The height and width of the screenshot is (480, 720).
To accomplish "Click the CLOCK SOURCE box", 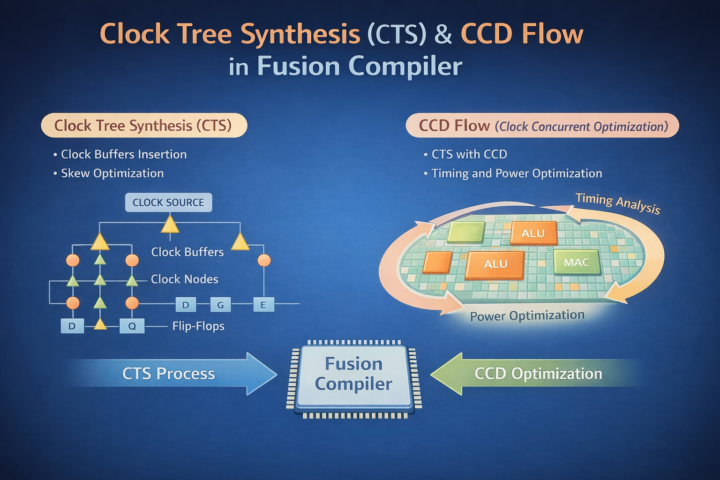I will (x=168, y=202).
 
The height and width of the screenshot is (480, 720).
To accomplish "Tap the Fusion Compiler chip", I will (x=354, y=375).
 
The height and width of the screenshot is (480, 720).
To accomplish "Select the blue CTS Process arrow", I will (x=173, y=374).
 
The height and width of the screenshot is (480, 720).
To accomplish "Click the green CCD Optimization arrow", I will (x=534, y=374).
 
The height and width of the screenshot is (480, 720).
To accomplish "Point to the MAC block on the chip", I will (x=577, y=262).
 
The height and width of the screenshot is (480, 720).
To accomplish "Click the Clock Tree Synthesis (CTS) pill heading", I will (x=143, y=126).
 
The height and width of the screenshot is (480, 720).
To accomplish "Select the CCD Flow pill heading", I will (x=542, y=126).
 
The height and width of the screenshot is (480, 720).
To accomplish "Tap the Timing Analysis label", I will (x=618, y=203).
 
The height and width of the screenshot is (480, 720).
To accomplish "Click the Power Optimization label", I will (x=527, y=316).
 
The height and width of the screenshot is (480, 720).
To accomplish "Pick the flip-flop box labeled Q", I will (x=132, y=326).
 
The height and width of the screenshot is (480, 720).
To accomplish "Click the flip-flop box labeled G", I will (x=220, y=305).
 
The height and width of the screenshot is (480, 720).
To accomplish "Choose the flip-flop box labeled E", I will (x=263, y=305).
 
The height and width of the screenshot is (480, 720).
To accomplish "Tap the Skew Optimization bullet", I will (x=112, y=173).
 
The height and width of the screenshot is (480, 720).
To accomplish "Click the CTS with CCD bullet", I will (x=469, y=154).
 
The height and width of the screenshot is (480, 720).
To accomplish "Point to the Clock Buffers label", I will (x=187, y=252).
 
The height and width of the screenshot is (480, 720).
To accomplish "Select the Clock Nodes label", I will (x=184, y=279).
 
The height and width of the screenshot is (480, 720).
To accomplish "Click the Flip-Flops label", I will (x=198, y=326).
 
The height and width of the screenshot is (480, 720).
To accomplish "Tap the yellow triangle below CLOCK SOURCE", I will (x=170, y=225).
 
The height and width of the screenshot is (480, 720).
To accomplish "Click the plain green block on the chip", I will (x=466, y=232).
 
